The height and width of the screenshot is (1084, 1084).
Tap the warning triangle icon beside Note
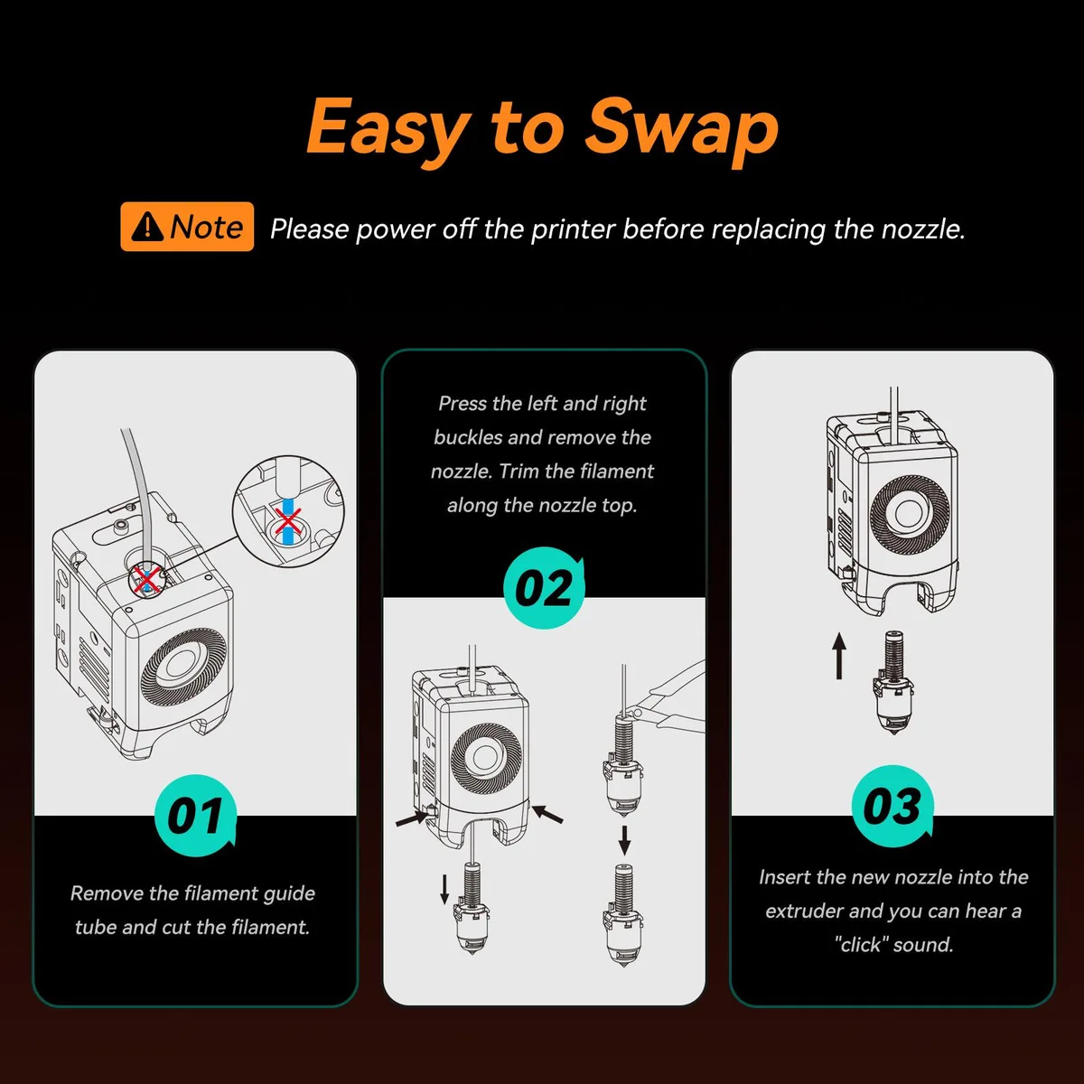148,227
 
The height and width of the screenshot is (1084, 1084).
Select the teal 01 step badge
195,816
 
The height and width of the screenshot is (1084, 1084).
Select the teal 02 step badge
544,588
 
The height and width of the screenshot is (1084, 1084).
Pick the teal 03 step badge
892,806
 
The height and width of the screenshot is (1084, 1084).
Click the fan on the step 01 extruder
184,668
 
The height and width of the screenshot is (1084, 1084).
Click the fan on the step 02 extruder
487,758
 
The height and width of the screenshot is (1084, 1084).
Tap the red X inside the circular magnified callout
287,521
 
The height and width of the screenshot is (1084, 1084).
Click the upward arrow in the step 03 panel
838,656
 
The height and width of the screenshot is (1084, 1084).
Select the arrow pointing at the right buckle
547,814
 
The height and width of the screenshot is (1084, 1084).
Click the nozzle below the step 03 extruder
893,682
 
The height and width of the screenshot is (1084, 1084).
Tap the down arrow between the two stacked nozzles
624,840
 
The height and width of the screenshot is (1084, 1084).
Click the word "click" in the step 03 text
861,945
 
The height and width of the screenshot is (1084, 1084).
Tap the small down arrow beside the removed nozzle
444,890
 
